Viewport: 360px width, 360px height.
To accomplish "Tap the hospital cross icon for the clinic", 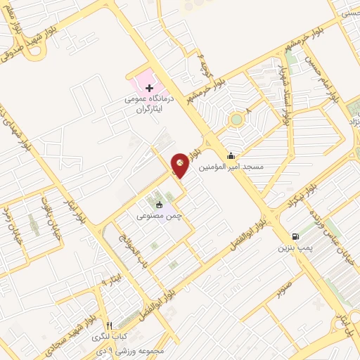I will (x=148, y=88).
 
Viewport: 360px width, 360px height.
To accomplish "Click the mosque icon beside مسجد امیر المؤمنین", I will (x=231, y=156).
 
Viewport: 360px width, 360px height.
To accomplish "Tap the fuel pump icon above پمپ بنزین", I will (x=294, y=236).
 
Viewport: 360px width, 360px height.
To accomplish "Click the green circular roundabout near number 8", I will (x=236, y=119).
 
